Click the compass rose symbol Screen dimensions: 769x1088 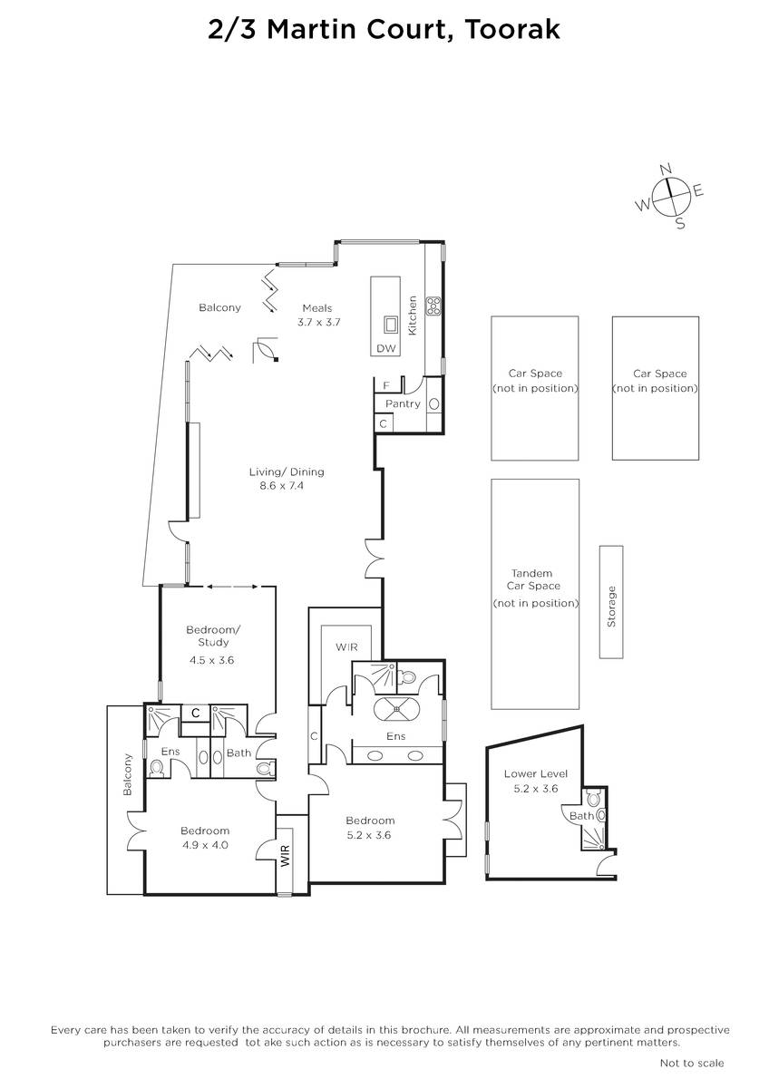671,196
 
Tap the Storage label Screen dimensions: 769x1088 611,607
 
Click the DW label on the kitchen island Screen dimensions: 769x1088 386,348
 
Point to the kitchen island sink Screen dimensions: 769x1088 390,325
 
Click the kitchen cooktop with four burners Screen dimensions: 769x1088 433,306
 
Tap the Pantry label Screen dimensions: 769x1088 403,403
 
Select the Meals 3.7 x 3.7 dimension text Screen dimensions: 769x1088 318,322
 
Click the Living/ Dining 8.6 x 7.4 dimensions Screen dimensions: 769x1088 282,485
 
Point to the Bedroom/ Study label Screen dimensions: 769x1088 213,636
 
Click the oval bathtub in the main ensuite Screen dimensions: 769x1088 397,710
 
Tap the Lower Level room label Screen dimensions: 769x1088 535,773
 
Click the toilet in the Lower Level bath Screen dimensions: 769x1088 594,797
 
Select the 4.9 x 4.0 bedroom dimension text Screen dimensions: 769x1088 205,845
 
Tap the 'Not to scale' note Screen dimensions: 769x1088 692,1064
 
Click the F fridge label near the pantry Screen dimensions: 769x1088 386,385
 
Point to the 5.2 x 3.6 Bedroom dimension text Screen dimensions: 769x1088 369,835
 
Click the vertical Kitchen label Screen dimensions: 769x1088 413,316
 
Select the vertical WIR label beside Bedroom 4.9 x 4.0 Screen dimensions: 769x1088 285,856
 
